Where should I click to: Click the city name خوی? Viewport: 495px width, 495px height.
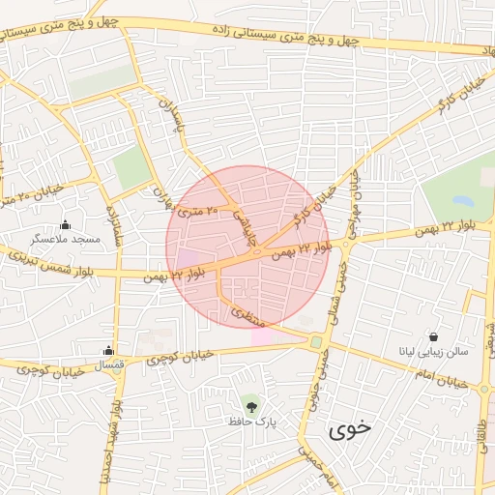pos(349,425)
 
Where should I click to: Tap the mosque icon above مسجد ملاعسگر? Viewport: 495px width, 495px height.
pos(65,224)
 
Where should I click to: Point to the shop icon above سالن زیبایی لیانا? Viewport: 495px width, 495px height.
pos(433,336)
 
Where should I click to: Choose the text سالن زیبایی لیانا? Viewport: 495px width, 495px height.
pos(434,351)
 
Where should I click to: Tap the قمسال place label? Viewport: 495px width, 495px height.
pos(106,364)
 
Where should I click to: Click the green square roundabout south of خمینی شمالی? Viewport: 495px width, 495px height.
pos(316,342)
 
